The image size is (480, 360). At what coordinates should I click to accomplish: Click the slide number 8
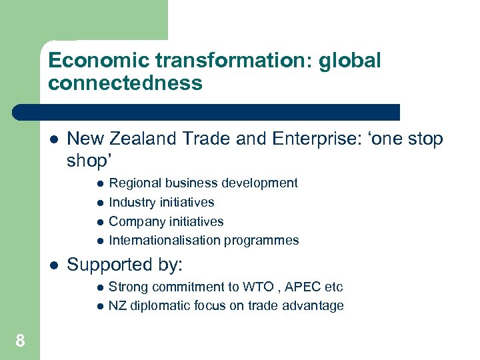point(21,341)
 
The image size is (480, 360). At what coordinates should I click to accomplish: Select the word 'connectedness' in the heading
point(125,83)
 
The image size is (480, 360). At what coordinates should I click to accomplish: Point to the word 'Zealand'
point(144,139)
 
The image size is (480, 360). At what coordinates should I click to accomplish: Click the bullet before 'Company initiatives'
point(99,221)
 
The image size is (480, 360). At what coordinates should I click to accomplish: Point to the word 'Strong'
point(127,287)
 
